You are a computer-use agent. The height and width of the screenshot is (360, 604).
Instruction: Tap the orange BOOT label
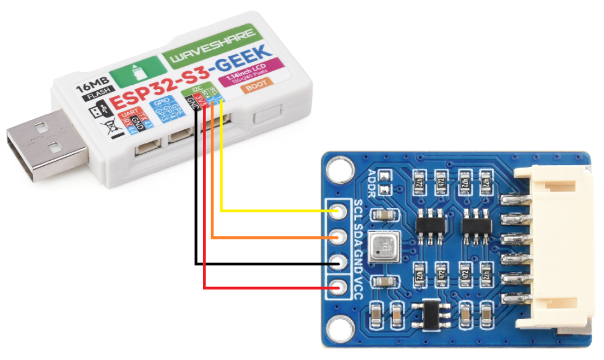point(256,87)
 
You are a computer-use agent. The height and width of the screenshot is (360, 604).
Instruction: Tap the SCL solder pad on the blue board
point(339,212)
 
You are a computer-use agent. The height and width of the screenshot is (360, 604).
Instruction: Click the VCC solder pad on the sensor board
point(339,288)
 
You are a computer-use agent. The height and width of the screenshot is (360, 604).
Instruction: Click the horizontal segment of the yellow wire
point(278,212)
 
